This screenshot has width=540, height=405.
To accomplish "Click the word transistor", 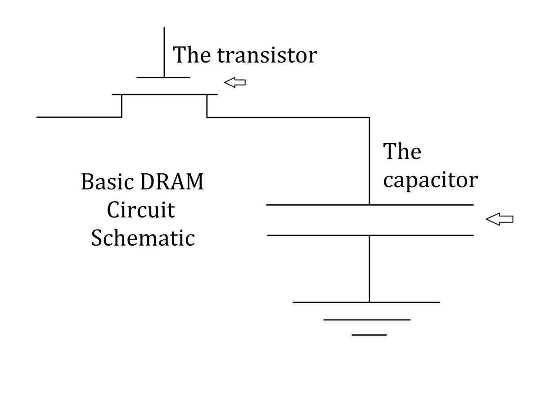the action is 267,55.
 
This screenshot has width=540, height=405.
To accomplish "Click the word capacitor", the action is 430,181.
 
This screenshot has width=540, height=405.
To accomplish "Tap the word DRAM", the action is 171,181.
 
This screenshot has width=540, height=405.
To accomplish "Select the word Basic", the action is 108,181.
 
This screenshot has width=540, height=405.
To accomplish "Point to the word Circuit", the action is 141,210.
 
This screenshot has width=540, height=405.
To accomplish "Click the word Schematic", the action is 143,238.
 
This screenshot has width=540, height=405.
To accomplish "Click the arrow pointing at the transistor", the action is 235,82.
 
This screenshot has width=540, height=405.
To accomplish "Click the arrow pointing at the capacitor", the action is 499,219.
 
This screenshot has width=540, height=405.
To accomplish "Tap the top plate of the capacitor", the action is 370,205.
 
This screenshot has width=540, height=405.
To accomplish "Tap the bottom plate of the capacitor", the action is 370,235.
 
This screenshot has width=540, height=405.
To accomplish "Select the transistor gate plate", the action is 163,77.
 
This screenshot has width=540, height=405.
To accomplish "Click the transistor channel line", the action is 165,94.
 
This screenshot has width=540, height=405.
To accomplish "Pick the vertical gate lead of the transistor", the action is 164,52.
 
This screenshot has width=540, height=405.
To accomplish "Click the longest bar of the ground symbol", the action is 366,302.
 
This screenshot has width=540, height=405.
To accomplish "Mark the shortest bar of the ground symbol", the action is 369,335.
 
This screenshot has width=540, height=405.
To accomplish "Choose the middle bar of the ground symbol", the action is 367,319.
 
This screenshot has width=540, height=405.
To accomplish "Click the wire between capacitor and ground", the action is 369,269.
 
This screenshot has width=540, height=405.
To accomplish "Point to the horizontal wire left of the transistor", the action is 79,117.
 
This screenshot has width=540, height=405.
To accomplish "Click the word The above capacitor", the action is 402,151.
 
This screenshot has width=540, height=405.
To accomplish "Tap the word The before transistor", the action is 192,55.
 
